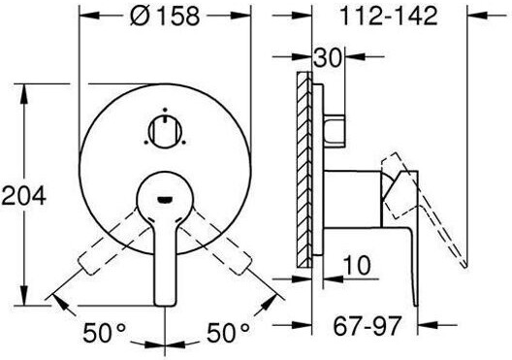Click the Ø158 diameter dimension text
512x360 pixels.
pos(165,16)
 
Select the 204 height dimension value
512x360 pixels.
pos(23,196)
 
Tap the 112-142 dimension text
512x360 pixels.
pos(388,16)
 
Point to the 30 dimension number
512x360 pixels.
pos(327,58)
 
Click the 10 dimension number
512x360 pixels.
pos(357,265)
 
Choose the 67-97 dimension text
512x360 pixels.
pos(367,326)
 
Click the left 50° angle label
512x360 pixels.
pos(104,332)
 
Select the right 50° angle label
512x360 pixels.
pos(228,332)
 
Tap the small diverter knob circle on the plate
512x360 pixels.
pos(165,131)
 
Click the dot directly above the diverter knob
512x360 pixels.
pos(165,110)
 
